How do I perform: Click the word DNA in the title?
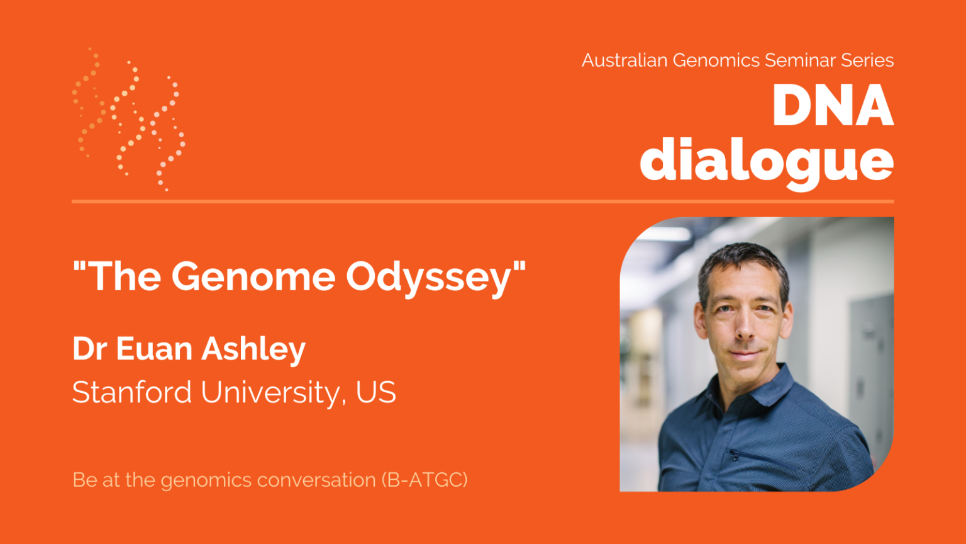[x=833, y=106]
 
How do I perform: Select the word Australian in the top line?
[x=624, y=60]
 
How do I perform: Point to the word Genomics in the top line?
[x=716, y=60]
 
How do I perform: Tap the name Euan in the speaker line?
[x=154, y=349]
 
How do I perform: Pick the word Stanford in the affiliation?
[x=132, y=392]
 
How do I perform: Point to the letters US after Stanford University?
[x=375, y=392]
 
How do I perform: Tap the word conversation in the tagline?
[x=316, y=480]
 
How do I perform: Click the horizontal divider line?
[x=483, y=201]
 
